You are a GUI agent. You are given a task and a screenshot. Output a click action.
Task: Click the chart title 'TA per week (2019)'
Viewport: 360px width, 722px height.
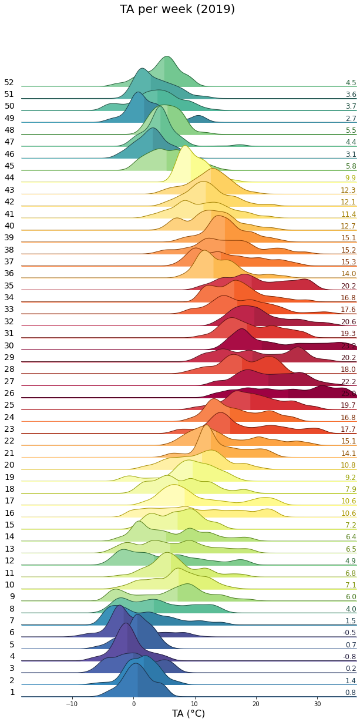click(177, 9)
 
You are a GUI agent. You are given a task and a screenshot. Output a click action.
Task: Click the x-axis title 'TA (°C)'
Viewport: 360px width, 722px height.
click(188, 713)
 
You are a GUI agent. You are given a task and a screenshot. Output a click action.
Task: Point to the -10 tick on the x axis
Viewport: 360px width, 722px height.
click(72, 704)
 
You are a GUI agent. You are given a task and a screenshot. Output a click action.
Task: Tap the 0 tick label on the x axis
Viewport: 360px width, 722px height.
click(133, 704)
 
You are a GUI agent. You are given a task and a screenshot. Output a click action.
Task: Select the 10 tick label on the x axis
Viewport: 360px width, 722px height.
click(194, 704)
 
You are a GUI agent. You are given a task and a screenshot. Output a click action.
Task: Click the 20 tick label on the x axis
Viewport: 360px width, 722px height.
click(256, 704)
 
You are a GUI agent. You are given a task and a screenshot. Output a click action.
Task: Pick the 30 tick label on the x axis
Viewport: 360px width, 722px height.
click(317, 704)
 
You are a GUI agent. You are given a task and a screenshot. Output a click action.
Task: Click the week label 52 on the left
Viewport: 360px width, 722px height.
click(9, 83)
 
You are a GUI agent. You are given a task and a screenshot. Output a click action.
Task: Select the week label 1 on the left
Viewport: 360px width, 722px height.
click(12, 693)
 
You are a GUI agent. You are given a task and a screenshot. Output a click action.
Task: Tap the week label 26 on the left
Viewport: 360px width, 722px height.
click(9, 394)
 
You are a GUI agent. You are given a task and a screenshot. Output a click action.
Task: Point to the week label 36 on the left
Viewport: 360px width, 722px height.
click(9, 274)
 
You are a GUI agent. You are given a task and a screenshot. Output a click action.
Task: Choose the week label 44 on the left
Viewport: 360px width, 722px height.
click(9, 178)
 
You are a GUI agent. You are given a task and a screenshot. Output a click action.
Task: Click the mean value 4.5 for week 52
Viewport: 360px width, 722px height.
click(351, 83)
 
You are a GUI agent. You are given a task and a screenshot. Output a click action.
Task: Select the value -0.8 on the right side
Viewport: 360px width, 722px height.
click(349, 657)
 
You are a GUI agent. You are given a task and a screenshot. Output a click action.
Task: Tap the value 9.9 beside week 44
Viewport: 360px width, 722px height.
click(351, 178)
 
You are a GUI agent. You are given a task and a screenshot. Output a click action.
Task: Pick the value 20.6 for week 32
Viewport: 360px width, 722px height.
click(348, 322)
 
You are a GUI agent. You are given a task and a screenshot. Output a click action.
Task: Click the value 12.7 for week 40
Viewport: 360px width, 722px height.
click(348, 226)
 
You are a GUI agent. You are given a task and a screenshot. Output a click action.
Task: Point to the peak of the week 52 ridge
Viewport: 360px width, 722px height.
click(167, 57)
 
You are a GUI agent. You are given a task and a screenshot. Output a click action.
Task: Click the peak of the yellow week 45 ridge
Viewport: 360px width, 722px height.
click(186, 146)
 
